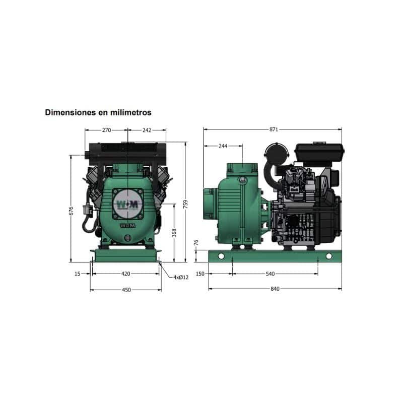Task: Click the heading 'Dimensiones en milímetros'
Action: pyautogui.click(x=98, y=112)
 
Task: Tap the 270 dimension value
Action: pyautogui.click(x=106, y=130)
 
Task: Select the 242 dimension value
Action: pyautogui.click(x=147, y=130)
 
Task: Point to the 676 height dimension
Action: pyautogui.click(x=71, y=211)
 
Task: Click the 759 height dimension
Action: pyautogui.click(x=185, y=204)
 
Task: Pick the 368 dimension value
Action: pyautogui.click(x=174, y=233)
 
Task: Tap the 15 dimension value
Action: pyautogui.click(x=78, y=274)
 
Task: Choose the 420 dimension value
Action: pyautogui.click(x=125, y=274)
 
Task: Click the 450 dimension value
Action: pyautogui.click(x=126, y=290)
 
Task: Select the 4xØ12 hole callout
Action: pyautogui.click(x=181, y=278)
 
